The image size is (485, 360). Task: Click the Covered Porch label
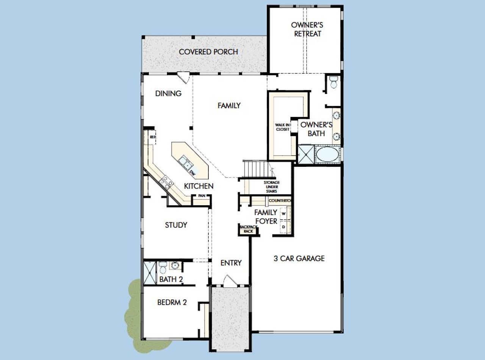[x=208, y=52]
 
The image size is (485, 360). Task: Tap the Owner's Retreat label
[x=307, y=30]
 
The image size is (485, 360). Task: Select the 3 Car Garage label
[x=299, y=259]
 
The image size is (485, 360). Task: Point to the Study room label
[x=176, y=225]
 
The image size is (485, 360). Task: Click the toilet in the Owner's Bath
[x=334, y=82]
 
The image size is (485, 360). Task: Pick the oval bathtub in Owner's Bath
[x=328, y=154]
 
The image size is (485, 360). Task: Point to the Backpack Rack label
[x=248, y=229]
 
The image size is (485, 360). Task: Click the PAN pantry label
[x=201, y=196]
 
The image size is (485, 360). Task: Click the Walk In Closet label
[x=283, y=127]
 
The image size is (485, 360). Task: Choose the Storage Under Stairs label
[x=272, y=187]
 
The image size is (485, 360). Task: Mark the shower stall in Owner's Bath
[x=305, y=154]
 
